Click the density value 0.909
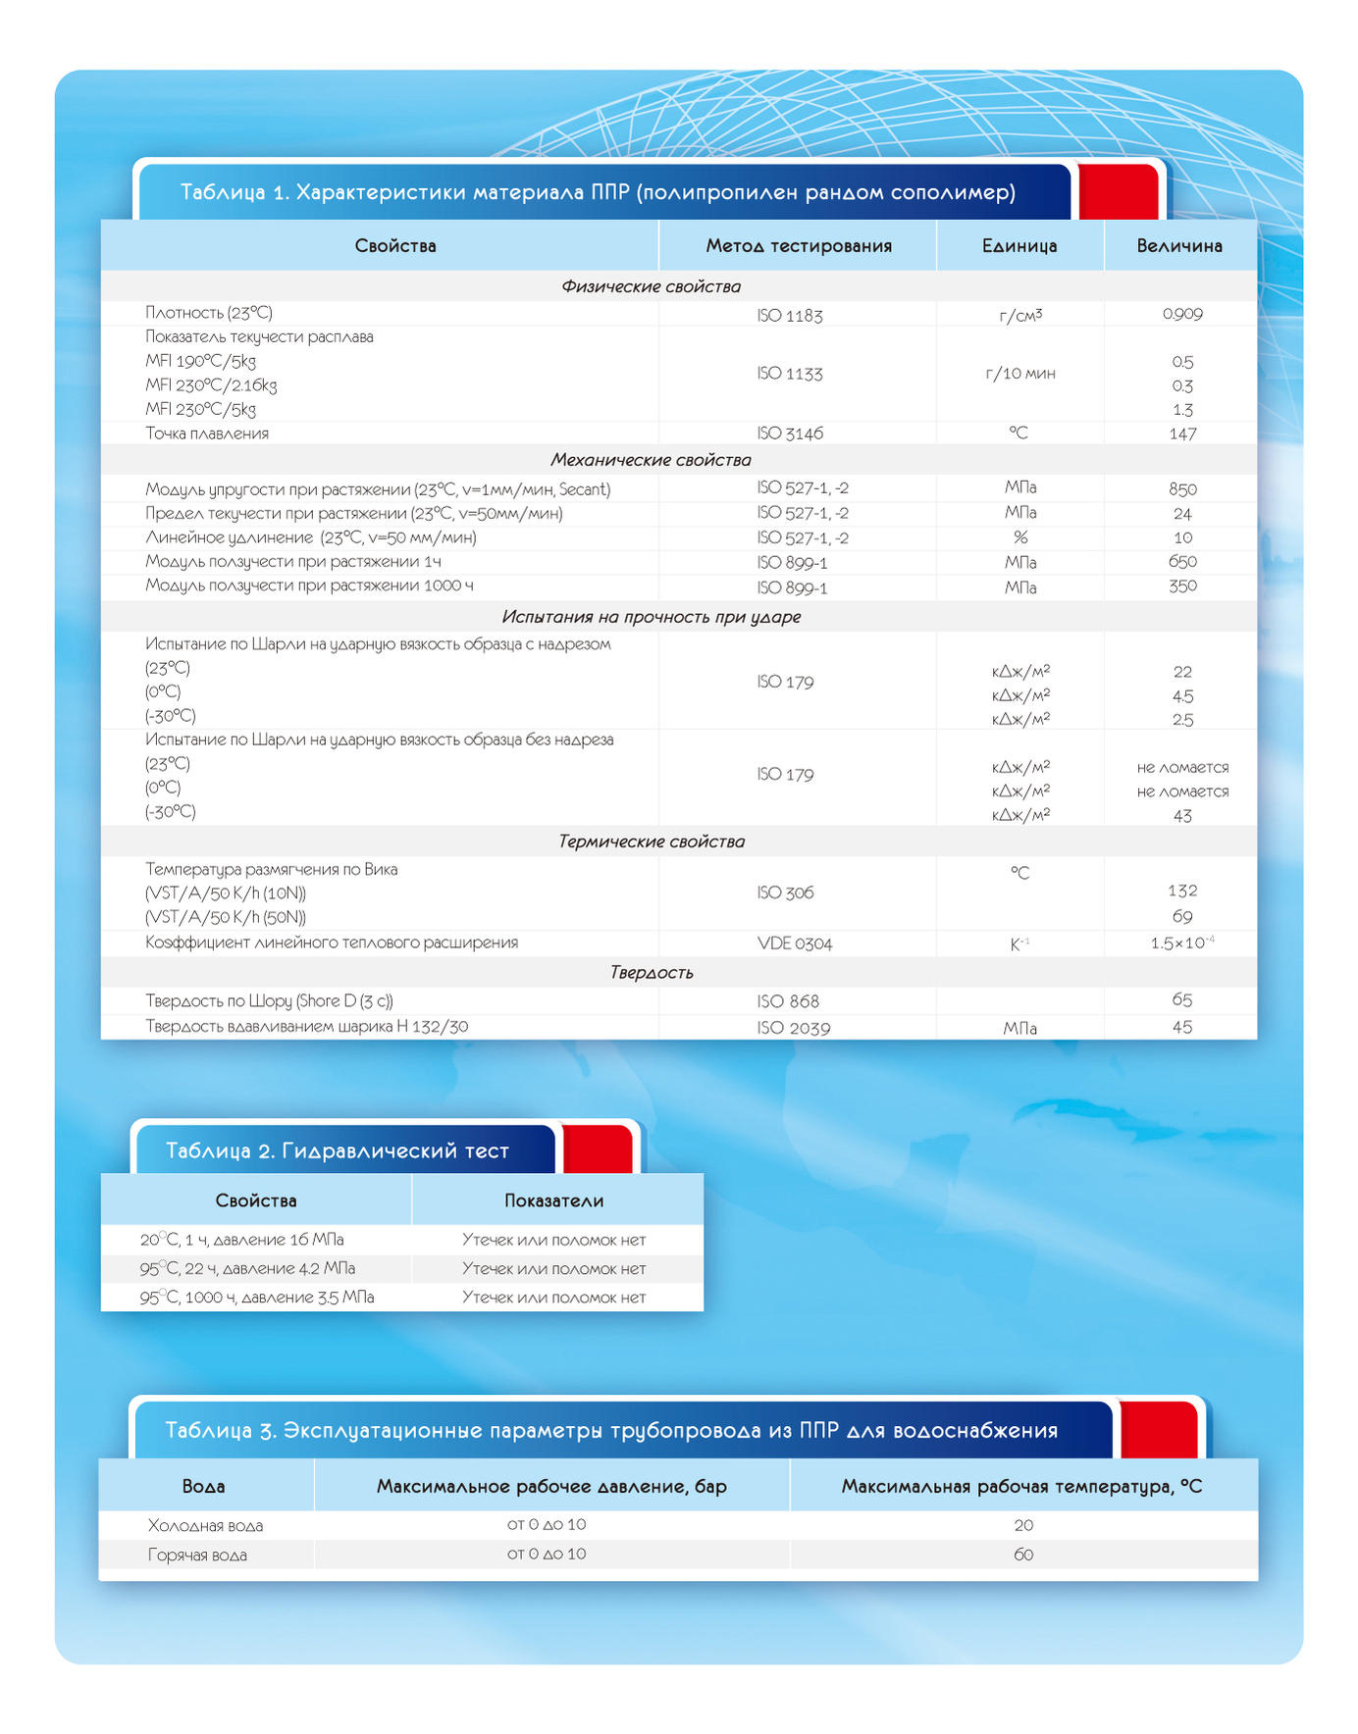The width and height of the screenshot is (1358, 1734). (1181, 314)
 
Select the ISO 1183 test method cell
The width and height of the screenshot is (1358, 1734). (789, 316)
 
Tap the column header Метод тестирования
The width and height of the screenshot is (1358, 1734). (798, 246)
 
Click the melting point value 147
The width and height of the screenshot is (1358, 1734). (1182, 433)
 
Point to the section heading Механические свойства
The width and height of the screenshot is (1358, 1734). (651, 460)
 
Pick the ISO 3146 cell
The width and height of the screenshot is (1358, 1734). (789, 433)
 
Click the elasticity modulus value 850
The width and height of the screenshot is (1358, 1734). (1182, 489)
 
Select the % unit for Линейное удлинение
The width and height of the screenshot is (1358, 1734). (1019, 537)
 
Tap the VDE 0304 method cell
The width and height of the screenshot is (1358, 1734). (794, 943)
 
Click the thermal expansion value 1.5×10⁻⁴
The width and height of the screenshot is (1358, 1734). (1181, 943)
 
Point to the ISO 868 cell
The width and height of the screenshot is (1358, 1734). (787, 1001)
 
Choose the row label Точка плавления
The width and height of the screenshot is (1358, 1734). (207, 433)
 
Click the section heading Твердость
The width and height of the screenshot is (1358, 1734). (652, 973)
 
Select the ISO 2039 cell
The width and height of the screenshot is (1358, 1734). (793, 1028)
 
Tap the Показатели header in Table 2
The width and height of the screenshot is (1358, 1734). (553, 1200)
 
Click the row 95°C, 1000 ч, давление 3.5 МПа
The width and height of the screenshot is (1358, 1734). (257, 1298)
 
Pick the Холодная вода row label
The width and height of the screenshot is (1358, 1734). (205, 1526)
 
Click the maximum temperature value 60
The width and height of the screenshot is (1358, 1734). (1022, 1555)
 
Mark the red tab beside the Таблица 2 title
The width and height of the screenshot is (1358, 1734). (597, 1149)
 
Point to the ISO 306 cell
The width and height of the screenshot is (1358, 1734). (785, 892)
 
